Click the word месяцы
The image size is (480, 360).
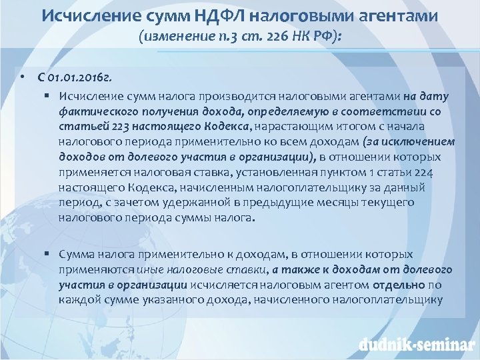pos(321,202)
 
